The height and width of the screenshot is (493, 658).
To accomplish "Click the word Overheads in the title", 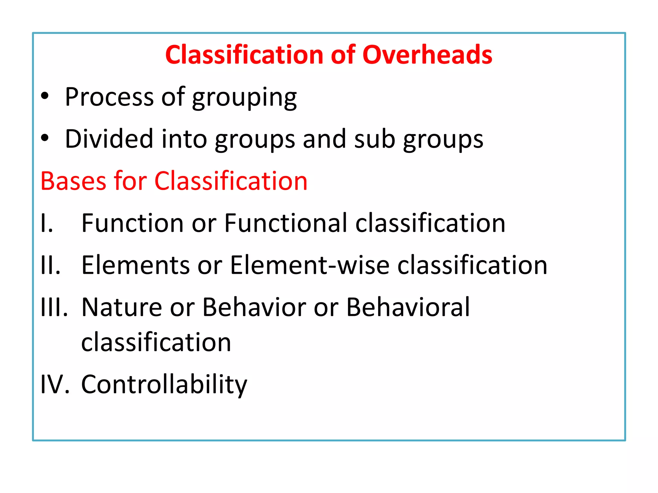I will click(x=427, y=55).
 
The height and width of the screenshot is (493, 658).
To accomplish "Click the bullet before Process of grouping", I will click(x=45, y=96).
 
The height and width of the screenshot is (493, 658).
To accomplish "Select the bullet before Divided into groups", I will click(x=45, y=138).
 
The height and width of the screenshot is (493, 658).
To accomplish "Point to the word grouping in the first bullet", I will click(x=245, y=98).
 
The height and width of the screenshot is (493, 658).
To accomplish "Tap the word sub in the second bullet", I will click(x=374, y=139).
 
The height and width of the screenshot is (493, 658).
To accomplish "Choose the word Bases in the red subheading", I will click(x=73, y=181).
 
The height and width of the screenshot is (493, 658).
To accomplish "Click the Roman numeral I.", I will click(x=46, y=223).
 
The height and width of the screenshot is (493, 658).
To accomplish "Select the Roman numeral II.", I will click(x=50, y=265).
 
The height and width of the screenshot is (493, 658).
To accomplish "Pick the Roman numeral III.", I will click(x=54, y=307).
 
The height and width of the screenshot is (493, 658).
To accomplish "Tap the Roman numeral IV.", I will click(x=55, y=384).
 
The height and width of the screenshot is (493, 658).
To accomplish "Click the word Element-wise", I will click(x=310, y=265).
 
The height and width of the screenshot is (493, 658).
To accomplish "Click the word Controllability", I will click(x=164, y=385).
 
